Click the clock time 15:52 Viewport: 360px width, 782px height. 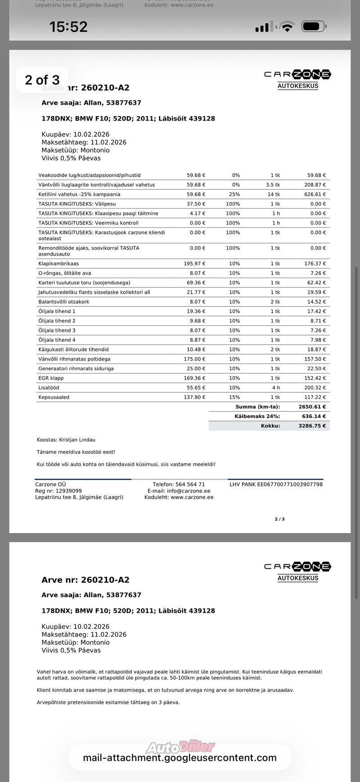click(x=68, y=27)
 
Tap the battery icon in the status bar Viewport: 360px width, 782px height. click(x=314, y=27)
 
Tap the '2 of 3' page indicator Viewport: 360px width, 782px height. click(x=42, y=80)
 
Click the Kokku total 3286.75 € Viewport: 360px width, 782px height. click(x=312, y=426)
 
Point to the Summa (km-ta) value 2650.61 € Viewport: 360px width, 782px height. click(x=312, y=407)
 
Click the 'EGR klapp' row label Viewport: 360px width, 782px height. click(x=51, y=378)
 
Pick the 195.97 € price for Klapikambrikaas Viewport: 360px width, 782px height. click(x=194, y=264)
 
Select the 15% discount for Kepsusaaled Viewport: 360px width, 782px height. click(x=234, y=397)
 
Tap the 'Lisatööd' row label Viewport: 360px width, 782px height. click(x=49, y=388)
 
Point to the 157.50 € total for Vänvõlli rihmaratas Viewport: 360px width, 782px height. click(x=315, y=359)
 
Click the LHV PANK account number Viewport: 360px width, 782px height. click(x=276, y=485)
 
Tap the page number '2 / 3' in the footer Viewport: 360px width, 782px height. click(x=279, y=519)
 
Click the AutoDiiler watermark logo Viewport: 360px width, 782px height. click(x=180, y=747)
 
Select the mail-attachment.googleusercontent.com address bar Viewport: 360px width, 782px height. click(x=180, y=758)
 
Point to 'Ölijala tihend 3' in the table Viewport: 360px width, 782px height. click(x=57, y=330)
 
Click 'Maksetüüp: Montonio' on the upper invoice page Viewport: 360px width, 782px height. click(x=76, y=150)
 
